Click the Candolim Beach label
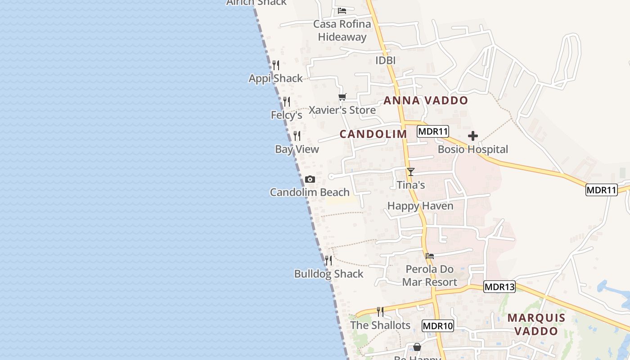pyautogui.click(x=310, y=192)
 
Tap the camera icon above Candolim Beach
pyautogui.click(x=310, y=180)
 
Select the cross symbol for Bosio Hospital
pyautogui.click(x=472, y=136)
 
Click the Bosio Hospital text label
pyautogui.click(x=472, y=149)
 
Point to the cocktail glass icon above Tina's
pyautogui.click(x=410, y=171)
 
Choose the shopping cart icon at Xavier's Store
pyautogui.click(x=342, y=97)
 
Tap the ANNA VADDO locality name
pyautogui.click(x=426, y=100)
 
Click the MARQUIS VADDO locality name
pyautogui.click(x=536, y=324)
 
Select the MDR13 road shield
pyautogui.click(x=499, y=287)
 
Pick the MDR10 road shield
pyautogui.click(x=438, y=326)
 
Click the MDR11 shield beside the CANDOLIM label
pyautogui.click(x=433, y=131)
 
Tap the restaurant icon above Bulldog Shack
pyautogui.click(x=328, y=260)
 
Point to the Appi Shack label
pyautogui.click(x=276, y=78)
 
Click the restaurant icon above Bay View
pyautogui.click(x=297, y=135)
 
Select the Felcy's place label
pyautogui.click(x=286, y=115)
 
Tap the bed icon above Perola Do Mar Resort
pyautogui.click(x=430, y=256)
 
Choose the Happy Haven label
pyautogui.click(x=420, y=206)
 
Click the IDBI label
pyautogui.click(x=385, y=60)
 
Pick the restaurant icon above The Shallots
pyautogui.click(x=380, y=311)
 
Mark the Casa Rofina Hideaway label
pyautogui.click(x=342, y=30)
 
